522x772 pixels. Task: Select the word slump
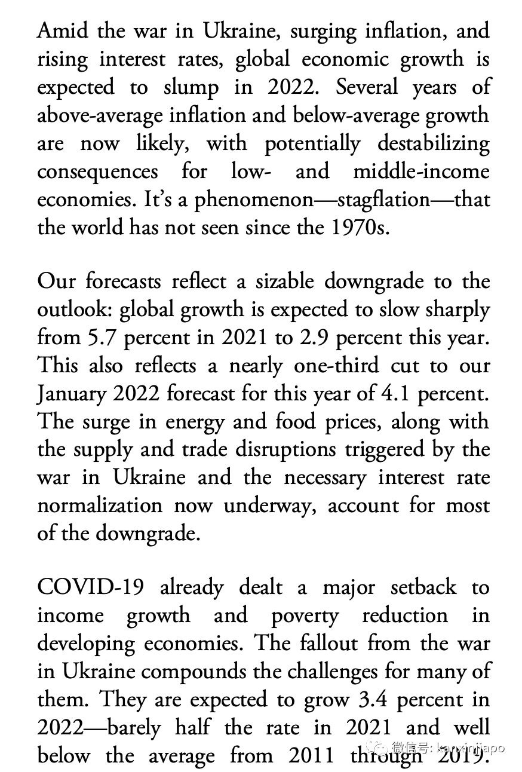click(x=190, y=87)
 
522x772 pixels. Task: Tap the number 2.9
click(x=316, y=337)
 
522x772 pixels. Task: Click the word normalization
click(x=100, y=506)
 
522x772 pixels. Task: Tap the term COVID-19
click(x=90, y=587)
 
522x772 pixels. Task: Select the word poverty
click(x=305, y=616)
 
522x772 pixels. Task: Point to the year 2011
click(x=311, y=755)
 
